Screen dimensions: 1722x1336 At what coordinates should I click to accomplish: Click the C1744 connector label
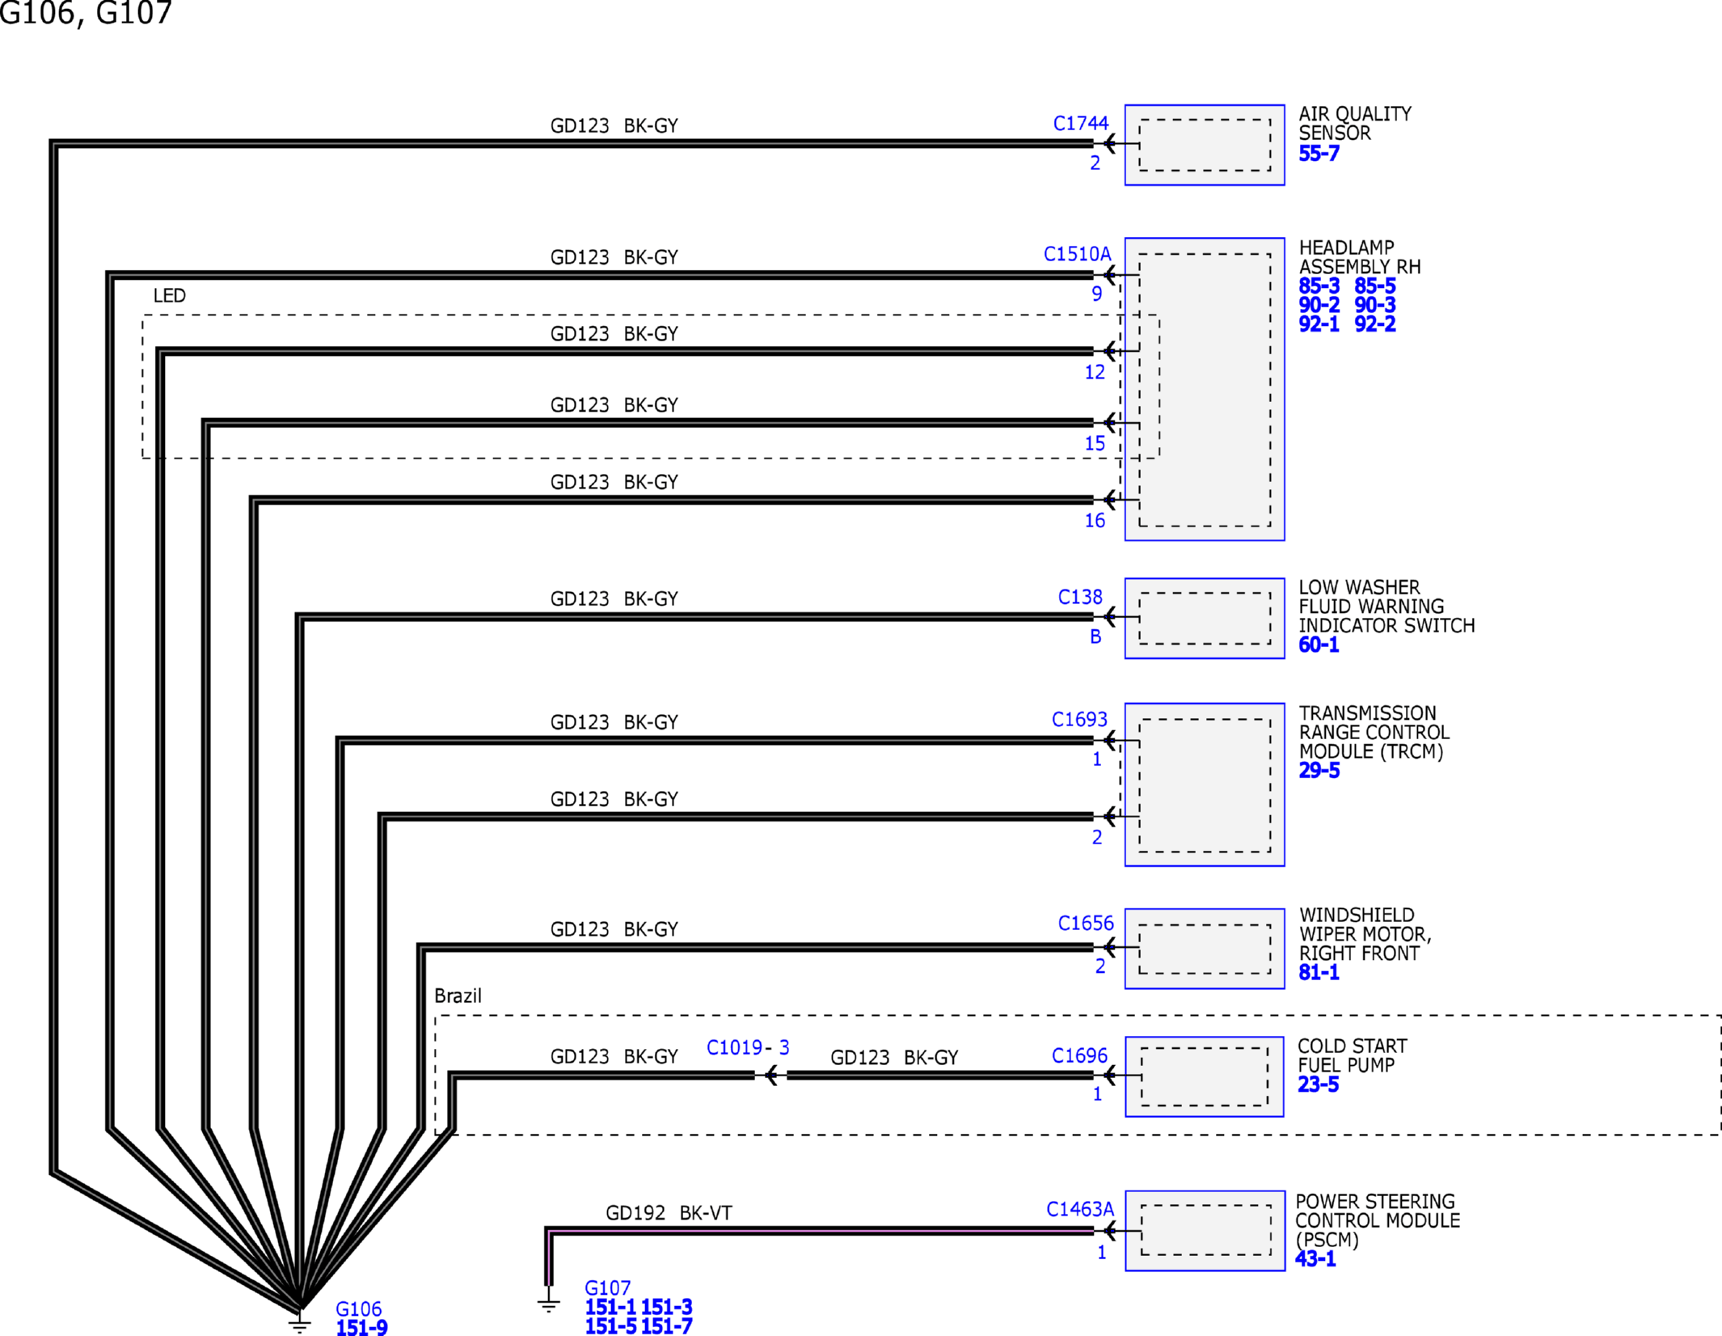[1080, 124]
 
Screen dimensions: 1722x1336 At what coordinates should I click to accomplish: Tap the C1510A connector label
[1077, 254]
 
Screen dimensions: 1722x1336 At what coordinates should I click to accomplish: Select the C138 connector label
[1080, 597]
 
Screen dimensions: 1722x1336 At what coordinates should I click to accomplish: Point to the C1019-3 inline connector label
[748, 1047]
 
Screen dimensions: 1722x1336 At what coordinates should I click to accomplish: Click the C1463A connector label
[1080, 1209]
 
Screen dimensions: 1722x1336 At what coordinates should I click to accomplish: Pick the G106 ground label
[358, 1309]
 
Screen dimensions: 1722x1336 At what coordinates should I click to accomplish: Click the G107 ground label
[607, 1287]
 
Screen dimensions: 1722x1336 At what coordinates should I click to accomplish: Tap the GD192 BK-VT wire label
[669, 1213]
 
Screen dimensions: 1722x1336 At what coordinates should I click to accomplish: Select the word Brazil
[458, 996]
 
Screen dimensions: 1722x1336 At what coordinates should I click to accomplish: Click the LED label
[170, 295]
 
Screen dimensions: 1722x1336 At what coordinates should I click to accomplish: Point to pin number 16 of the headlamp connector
[1095, 521]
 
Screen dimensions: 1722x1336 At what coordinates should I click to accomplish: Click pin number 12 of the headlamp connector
[1095, 372]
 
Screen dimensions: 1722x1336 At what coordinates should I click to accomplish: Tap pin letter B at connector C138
[1095, 636]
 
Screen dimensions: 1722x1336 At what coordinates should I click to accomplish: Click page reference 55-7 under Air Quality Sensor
[1319, 153]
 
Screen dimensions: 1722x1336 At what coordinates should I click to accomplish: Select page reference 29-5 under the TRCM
[1319, 770]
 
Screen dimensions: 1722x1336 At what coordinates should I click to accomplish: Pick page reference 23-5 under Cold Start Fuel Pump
[1318, 1084]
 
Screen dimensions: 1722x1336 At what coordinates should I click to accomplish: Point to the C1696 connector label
[1079, 1055]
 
